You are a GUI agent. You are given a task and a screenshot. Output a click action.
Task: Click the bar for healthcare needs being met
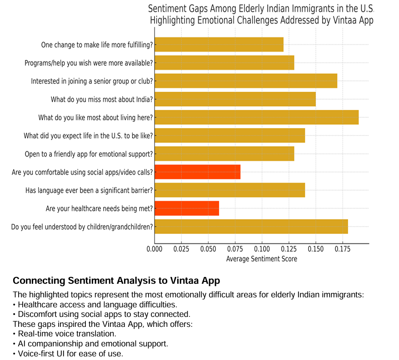click(x=187, y=208)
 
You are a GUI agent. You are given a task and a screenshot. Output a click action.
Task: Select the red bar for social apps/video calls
click(x=198, y=172)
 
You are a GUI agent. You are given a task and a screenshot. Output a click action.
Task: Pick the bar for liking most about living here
click(x=256, y=117)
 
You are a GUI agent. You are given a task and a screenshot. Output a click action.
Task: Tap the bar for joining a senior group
click(x=246, y=81)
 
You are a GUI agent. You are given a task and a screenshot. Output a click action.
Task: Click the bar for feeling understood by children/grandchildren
click(x=251, y=227)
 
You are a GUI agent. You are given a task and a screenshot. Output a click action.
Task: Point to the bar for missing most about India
click(x=235, y=99)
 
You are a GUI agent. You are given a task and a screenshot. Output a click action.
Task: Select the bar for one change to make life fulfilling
click(x=219, y=44)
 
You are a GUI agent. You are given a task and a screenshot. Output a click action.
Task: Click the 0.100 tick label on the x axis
click(x=262, y=249)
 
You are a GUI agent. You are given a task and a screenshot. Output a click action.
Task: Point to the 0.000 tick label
click(x=155, y=249)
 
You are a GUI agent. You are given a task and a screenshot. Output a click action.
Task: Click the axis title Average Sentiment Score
click(x=261, y=259)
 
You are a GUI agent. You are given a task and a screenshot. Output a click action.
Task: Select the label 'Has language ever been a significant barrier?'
click(x=89, y=190)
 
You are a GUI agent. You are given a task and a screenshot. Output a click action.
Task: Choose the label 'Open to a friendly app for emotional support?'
click(x=89, y=154)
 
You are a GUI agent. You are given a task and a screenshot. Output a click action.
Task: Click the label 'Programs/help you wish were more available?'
click(x=89, y=63)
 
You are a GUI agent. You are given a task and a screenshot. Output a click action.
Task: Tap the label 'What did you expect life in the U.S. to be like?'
click(x=88, y=136)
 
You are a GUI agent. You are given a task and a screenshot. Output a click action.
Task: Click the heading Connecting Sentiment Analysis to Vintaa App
click(x=116, y=280)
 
